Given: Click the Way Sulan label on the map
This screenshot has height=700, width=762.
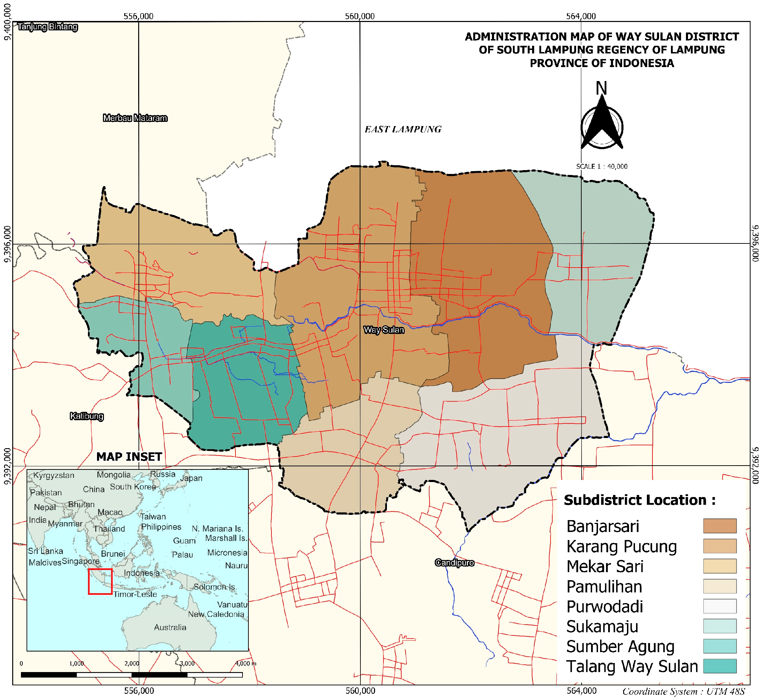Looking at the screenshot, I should pos(384,330).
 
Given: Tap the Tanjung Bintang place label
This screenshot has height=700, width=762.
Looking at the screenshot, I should pos(48,27).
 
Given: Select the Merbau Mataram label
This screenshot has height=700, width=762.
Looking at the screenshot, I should pos(135,118).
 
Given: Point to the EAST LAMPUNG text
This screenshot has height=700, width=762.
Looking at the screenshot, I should pos(403,130).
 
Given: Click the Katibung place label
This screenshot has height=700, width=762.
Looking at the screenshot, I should pos(87,416).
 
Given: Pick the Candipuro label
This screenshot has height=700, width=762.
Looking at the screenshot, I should pos(454,563).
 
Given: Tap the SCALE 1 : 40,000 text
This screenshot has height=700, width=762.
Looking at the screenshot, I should pos(602,167).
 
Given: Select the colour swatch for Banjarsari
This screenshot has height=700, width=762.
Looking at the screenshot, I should pos(720,526).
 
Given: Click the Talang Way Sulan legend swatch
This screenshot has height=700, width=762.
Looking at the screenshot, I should pos(720,666).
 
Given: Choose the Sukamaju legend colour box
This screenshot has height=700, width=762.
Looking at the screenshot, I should pos(720,626).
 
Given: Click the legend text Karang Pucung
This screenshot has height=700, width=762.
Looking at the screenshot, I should pos(621,547).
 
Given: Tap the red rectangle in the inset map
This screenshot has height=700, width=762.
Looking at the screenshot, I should pos(100,582).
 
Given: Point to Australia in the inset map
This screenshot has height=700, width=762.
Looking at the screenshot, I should pos(170,628).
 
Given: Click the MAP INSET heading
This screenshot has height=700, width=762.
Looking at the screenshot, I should pos(129,457).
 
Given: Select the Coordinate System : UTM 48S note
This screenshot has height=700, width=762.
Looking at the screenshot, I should pos(683,692).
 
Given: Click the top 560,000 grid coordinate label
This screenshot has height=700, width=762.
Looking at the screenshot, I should pos(359,16).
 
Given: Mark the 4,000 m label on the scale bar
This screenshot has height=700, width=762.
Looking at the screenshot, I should pos(246,664).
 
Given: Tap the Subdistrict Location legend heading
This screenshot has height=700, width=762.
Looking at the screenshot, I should pos(640,501).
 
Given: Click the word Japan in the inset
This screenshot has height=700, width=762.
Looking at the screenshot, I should pos(191,479).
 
